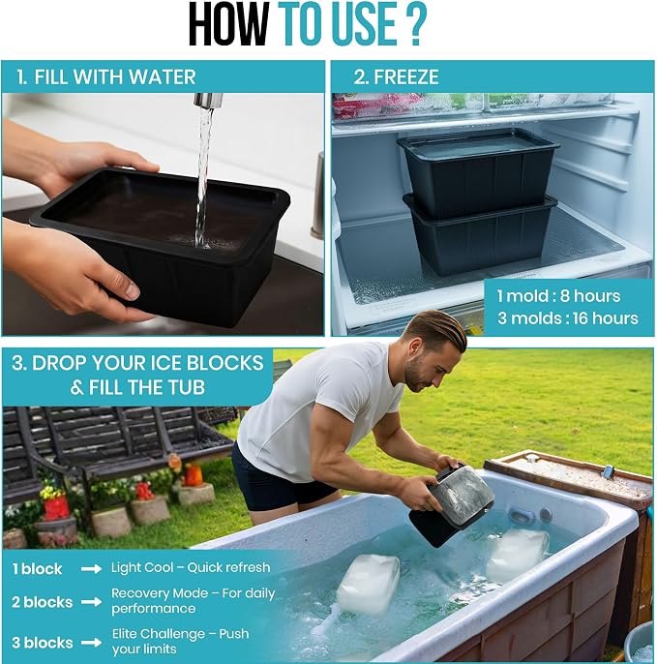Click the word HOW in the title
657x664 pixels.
(x=228, y=24)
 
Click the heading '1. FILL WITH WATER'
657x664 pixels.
(x=106, y=77)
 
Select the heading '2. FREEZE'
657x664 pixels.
(x=397, y=77)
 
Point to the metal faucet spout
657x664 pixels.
(x=208, y=101)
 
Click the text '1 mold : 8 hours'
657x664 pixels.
(x=558, y=296)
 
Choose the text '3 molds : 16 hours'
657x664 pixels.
(x=568, y=318)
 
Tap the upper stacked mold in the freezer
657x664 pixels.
(x=478, y=171)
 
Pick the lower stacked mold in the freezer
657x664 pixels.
(x=481, y=236)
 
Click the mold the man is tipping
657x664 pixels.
(x=450, y=505)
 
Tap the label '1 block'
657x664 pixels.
(x=37, y=569)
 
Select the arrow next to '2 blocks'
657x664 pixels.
(x=91, y=602)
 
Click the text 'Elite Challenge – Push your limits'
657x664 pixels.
(x=180, y=641)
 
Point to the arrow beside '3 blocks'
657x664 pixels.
(x=91, y=643)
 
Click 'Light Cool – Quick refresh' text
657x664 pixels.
(x=191, y=567)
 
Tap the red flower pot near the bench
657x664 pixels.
(x=57, y=508)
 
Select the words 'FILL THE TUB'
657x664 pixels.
(x=146, y=387)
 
